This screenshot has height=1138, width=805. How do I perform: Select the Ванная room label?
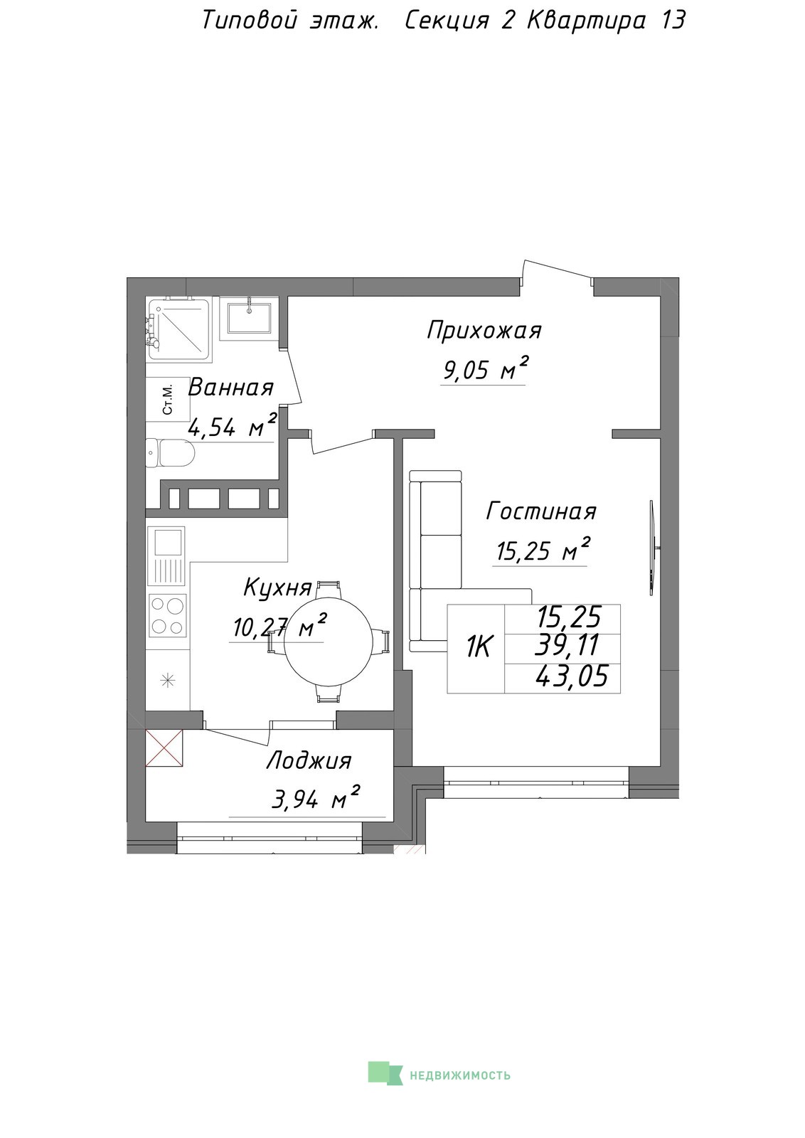click(x=230, y=388)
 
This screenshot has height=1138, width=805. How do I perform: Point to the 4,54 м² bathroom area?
click(x=232, y=425)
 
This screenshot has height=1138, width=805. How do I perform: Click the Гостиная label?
click(x=541, y=511)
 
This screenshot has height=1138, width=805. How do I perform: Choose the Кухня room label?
click(x=277, y=587)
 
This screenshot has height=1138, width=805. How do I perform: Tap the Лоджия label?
click(x=309, y=761)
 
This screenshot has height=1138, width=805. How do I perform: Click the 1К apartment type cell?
click(x=476, y=648)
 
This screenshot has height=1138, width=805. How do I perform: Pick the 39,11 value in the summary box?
click(x=568, y=645)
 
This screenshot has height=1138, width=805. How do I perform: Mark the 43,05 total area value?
click(x=571, y=676)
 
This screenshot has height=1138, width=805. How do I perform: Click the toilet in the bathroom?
click(x=170, y=452)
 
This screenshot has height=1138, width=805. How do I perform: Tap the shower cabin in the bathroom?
click(x=178, y=330)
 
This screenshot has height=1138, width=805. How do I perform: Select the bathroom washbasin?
click(x=249, y=318)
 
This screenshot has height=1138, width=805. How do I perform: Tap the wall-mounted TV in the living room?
click(x=653, y=547)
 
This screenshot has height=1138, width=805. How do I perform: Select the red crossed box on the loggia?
click(x=164, y=747)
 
